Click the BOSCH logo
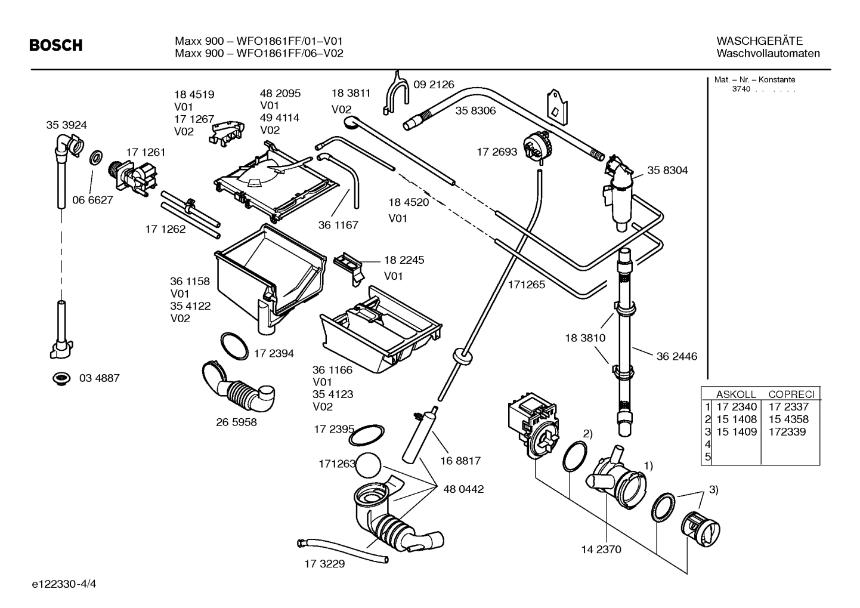[56, 45]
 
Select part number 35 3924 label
[66, 125]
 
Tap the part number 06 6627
[92, 200]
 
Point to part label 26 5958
[236, 422]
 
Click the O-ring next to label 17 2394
[234, 345]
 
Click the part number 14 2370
[601, 550]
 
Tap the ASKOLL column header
[735, 394]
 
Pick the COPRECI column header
[791, 394]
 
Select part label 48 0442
[463, 489]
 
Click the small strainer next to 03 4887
[60, 378]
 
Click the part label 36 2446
[676, 357]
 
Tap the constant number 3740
[741, 89]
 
